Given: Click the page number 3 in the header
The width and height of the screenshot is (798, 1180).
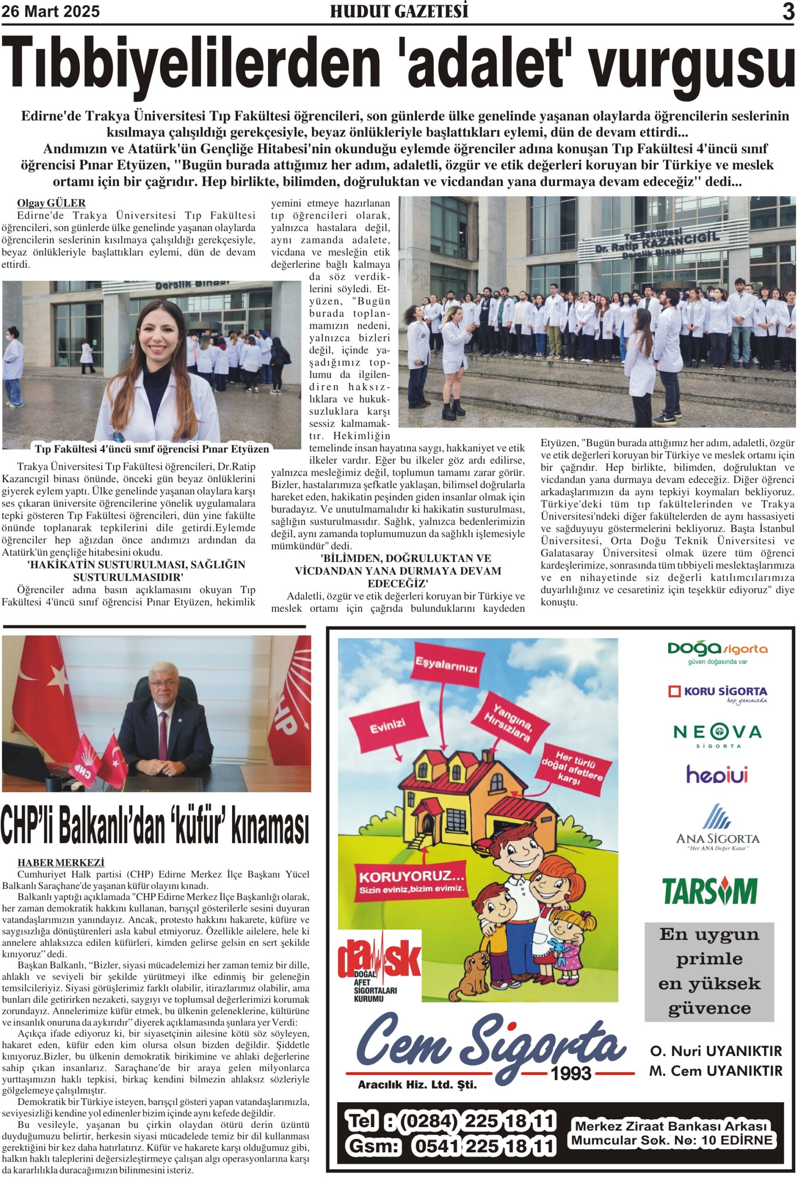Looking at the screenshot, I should click(x=787, y=11).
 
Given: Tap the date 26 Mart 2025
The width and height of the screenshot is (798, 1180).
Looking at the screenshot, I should click(x=50, y=12).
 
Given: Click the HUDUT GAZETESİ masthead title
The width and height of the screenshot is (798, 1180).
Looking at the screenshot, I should click(x=399, y=11).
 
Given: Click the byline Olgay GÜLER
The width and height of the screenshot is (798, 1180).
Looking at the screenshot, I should click(x=51, y=203).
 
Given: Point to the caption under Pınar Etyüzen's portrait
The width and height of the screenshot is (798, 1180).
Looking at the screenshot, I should click(x=151, y=449).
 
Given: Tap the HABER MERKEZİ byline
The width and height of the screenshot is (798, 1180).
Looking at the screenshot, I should click(x=61, y=862).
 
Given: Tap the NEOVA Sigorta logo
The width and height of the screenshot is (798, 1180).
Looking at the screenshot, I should click(x=717, y=734).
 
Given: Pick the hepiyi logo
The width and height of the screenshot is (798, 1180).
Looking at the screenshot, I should click(x=716, y=775).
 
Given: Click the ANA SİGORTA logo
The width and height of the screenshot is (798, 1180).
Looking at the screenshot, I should click(x=717, y=828).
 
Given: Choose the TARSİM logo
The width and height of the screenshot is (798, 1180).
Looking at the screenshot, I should click(x=709, y=891).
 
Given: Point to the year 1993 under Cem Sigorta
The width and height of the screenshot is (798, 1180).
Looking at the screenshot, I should click(x=571, y=1073).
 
